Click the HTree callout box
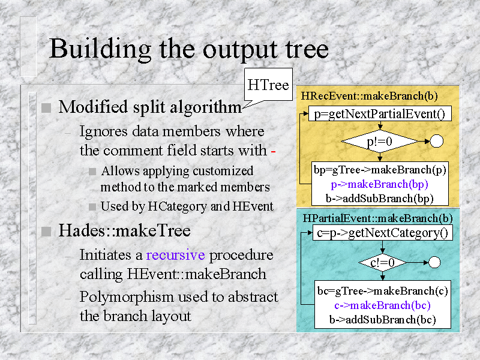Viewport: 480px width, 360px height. coord(268,85)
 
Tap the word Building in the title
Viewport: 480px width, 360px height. coord(97,48)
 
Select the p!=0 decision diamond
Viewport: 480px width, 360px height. coord(379,142)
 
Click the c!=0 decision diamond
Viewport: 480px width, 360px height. coord(382,262)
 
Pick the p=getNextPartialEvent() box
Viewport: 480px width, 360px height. coord(379,114)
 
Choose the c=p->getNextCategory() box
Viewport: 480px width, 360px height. coord(383,232)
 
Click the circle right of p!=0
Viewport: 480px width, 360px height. coord(436,142)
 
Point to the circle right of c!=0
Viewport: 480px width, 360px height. coord(435,262)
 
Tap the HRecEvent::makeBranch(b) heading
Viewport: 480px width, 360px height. coord(370,95)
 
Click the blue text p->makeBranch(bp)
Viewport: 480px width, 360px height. coord(379,184)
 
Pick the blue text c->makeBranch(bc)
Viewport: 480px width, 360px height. coord(383,305)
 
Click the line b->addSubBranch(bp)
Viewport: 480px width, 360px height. coord(379,197)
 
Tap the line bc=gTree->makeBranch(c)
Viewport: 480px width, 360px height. coord(383,291)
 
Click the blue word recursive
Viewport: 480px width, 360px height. coord(175,254)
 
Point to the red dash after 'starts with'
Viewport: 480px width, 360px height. coord(273,150)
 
